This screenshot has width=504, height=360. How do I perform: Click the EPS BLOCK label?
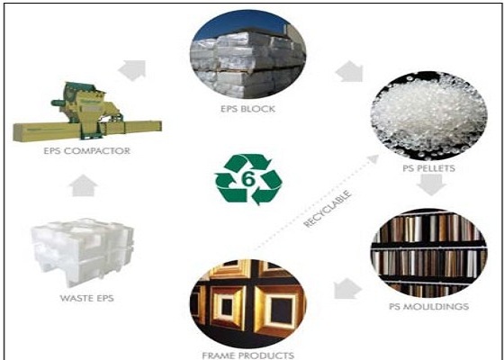pyautogui.click(x=247, y=109)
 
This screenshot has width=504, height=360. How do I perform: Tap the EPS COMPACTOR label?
pyautogui.click(x=86, y=151)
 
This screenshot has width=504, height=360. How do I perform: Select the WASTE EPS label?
pyautogui.click(x=86, y=298)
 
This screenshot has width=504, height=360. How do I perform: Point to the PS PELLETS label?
pyautogui.click(x=428, y=168)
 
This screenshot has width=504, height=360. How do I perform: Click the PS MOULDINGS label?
pyautogui.click(x=428, y=307)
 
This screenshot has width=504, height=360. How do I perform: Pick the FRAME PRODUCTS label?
pyautogui.click(x=247, y=355)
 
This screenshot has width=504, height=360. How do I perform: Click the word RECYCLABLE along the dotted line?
pyautogui.click(x=328, y=209)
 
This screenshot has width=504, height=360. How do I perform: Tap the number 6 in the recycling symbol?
pyautogui.click(x=248, y=179)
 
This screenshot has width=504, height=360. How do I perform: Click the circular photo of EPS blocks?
pyautogui.click(x=247, y=55)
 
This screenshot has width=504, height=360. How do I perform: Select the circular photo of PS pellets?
pyautogui.click(x=428, y=116)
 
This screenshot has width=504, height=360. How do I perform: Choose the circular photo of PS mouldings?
pyautogui.click(x=428, y=253)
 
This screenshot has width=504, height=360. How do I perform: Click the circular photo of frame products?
pyautogui.click(x=247, y=304)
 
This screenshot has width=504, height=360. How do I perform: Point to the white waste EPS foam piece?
pyautogui.click(x=83, y=251)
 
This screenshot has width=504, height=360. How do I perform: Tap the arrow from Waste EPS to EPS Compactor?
pyautogui.click(x=83, y=185)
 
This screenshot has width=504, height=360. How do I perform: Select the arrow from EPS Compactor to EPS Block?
pyautogui.click(x=132, y=70)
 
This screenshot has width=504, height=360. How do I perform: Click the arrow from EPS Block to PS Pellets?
pyautogui.click(x=349, y=71)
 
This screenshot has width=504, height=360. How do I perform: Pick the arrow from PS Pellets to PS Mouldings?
pyautogui.click(x=431, y=184)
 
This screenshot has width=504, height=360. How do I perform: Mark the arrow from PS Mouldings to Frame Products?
pyautogui.click(x=347, y=288)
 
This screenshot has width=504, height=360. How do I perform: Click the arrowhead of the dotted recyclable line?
pyautogui.click(x=373, y=158)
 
